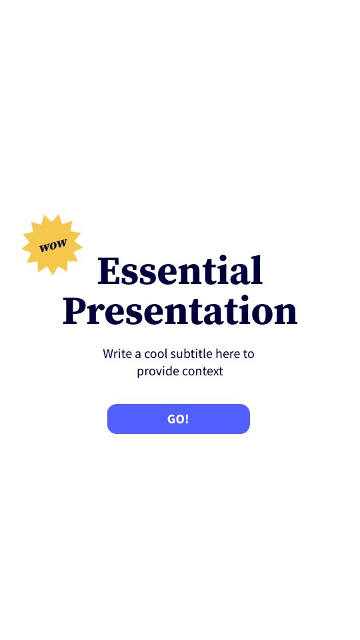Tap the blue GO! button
click(x=178, y=419)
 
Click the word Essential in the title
click(x=180, y=271)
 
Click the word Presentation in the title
click(x=180, y=311)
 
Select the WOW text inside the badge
click(x=53, y=245)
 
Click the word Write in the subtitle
click(x=117, y=353)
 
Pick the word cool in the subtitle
click(x=157, y=353)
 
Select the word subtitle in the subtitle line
click(x=193, y=353)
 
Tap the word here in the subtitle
click(x=227, y=353)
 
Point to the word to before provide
click(x=249, y=353)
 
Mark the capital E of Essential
click(x=108, y=271)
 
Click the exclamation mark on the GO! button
click(x=187, y=419)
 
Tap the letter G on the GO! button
click(x=171, y=419)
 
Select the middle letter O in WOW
click(x=53, y=245)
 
